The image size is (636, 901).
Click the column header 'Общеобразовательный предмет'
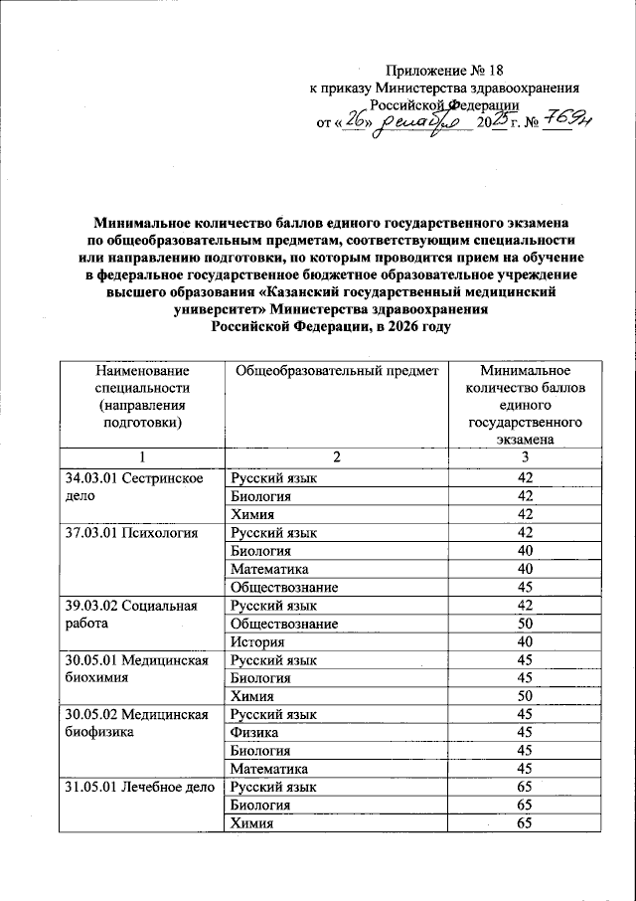[x=334, y=371]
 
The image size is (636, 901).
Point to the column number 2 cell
[x=336, y=455]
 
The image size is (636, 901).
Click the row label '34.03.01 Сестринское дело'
[x=140, y=486]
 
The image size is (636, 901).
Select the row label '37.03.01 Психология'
[x=140, y=532]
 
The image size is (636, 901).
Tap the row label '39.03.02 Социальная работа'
[x=140, y=613]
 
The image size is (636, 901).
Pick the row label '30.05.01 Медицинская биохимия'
[x=140, y=668]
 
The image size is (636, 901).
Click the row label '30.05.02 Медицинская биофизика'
[x=140, y=724]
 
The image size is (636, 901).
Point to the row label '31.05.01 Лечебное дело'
[x=140, y=788]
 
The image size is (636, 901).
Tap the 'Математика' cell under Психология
[x=268, y=568]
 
